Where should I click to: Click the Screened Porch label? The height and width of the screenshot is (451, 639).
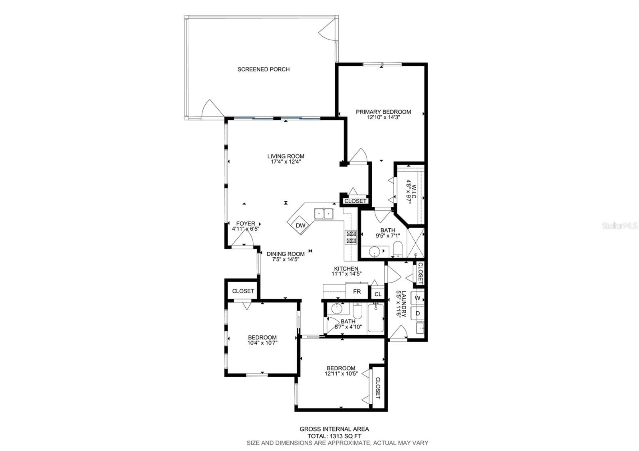(263, 69)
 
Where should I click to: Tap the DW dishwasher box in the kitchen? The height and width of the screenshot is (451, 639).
(300, 225)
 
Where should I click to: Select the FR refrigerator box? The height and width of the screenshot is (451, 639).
(357, 291)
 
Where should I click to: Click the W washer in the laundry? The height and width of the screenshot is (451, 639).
(417, 298)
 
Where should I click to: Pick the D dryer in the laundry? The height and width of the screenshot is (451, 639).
(418, 313)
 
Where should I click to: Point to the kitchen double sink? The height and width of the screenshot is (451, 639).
(324, 214)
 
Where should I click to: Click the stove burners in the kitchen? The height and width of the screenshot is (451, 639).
(351, 237)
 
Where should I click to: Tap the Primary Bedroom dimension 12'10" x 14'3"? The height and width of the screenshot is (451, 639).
(383, 117)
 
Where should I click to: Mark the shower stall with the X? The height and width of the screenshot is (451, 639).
(416, 243)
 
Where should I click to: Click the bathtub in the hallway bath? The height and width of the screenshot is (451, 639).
(376, 318)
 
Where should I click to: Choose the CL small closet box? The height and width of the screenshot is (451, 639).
(378, 294)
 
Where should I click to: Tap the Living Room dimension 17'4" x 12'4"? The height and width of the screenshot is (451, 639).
(286, 162)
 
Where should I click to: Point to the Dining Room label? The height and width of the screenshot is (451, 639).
(286, 254)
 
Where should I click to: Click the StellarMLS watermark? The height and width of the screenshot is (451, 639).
(619, 226)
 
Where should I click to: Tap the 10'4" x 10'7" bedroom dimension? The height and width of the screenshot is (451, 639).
(262, 343)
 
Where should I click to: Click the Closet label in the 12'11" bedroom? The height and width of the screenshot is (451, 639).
(378, 388)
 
